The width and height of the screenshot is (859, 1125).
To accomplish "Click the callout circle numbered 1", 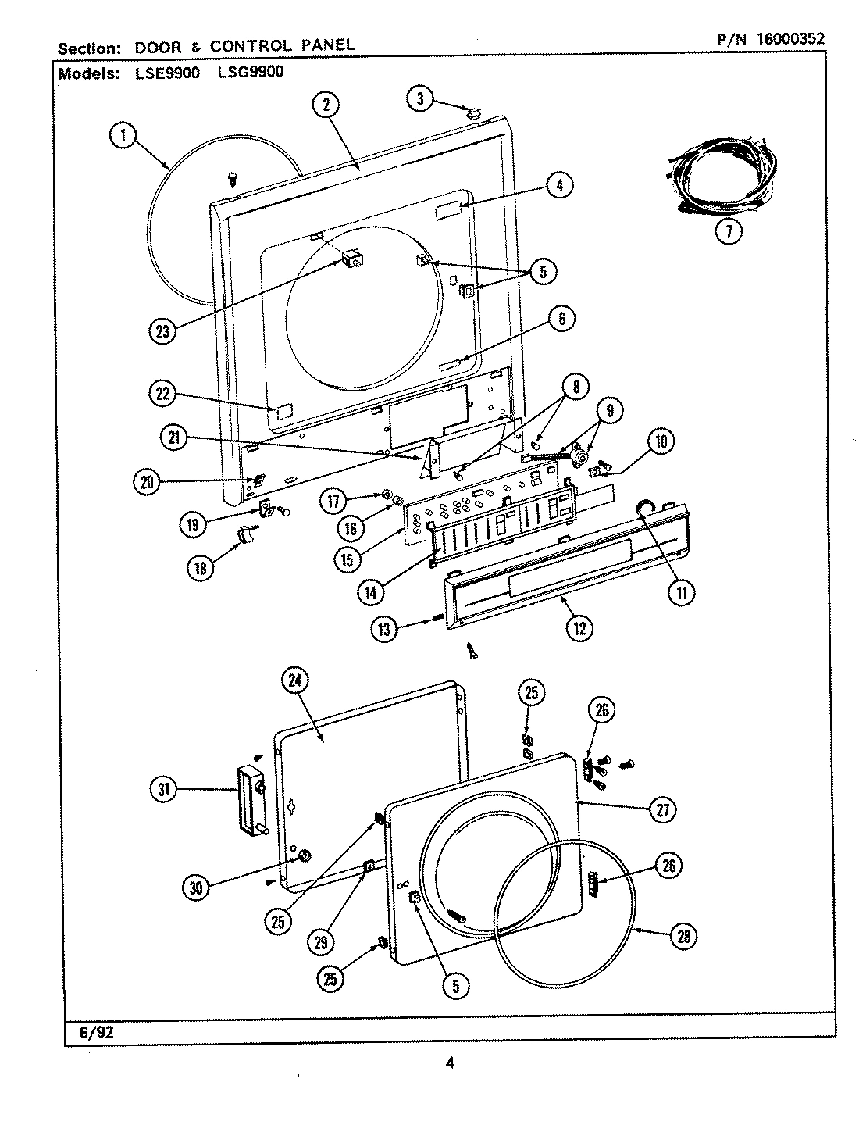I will click(121, 137).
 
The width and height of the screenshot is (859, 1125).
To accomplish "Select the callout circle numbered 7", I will click(729, 232).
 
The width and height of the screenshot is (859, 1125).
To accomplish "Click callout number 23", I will click(163, 331).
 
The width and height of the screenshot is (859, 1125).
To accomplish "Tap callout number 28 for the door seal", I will click(683, 937).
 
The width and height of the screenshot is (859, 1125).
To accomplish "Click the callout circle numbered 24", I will click(294, 681).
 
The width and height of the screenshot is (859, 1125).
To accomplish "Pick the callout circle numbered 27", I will click(665, 810).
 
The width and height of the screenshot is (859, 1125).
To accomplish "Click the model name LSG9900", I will click(252, 73).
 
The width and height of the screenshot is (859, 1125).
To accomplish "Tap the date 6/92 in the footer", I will click(97, 1032).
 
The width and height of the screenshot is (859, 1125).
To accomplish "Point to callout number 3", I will click(421, 99).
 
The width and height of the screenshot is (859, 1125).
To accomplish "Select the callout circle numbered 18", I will click(201, 568).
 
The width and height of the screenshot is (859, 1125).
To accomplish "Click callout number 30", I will click(195, 887).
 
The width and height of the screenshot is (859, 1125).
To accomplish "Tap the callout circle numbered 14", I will click(371, 593).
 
